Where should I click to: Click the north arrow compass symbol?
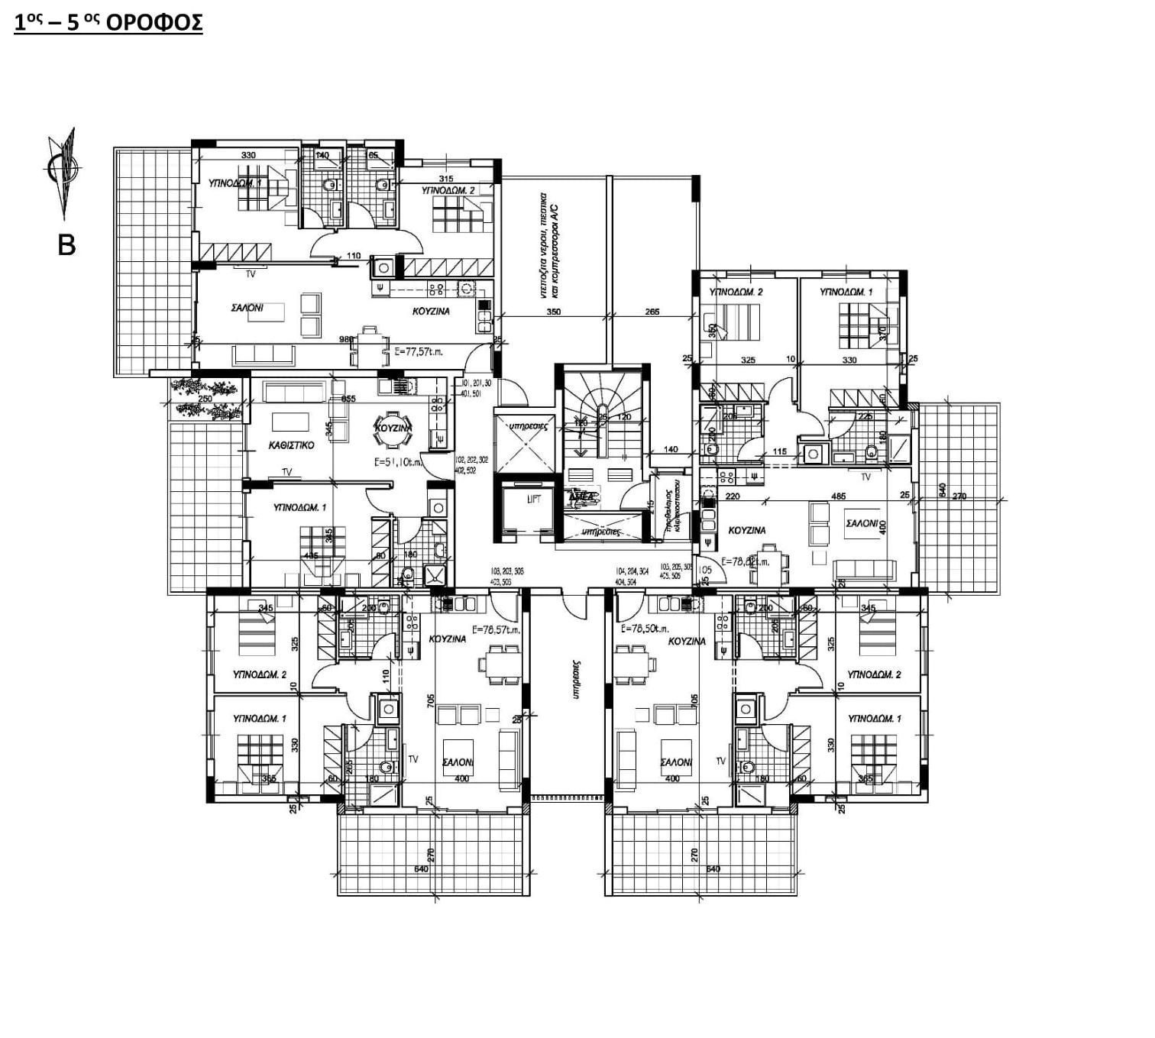tap(63, 171)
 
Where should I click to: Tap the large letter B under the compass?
tap(66, 245)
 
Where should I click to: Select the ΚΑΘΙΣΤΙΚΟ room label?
tap(291, 445)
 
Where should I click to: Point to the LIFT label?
tap(534, 499)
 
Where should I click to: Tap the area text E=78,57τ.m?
tap(496, 630)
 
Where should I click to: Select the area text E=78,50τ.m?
tap(645, 629)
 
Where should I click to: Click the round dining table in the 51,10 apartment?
tap(393, 428)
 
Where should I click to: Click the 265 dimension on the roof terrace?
tap(652, 312)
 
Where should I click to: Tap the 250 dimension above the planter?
tap(205, 399)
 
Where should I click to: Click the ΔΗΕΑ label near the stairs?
tap(582, 496)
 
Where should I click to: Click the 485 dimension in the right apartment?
tap(838, 496)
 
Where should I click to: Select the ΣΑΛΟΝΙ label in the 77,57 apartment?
tap(247, 308)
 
